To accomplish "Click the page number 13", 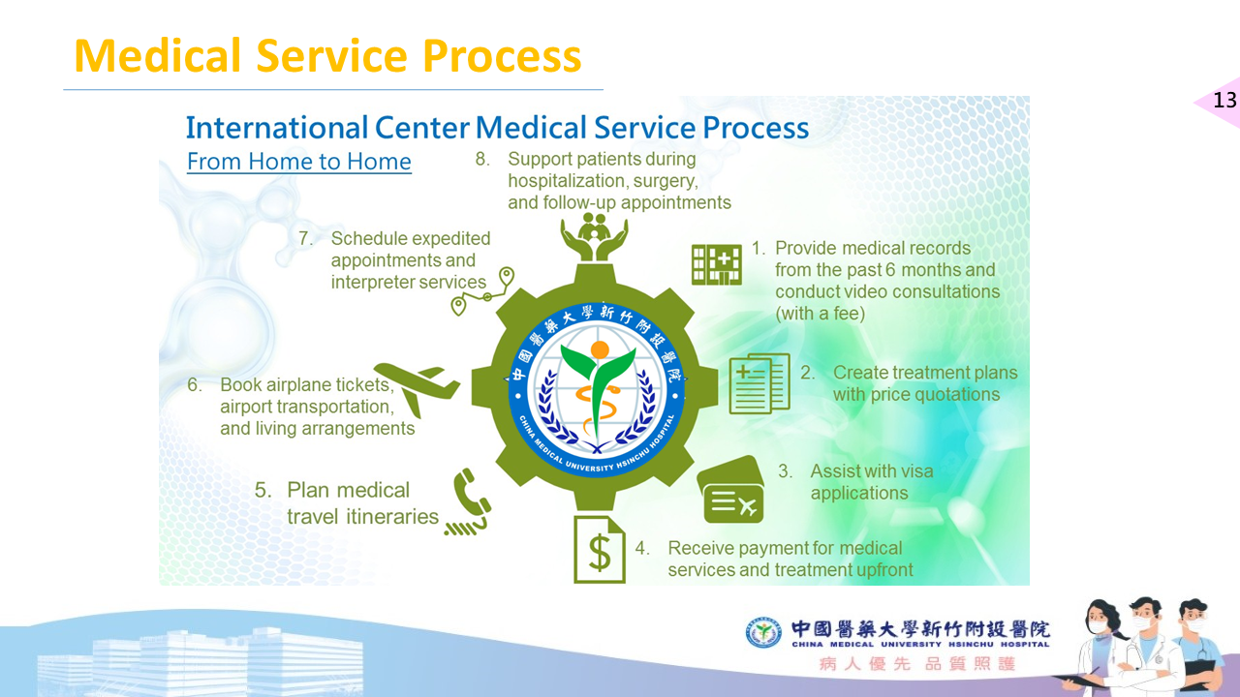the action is (x=1224, y=100).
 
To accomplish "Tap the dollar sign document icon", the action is (x=600, y=549).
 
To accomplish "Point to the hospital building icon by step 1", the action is (x=716, y=264).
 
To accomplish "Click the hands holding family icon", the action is (x=594, y=237).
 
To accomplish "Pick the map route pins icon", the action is (x=482, y=291).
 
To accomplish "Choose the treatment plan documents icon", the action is (x=759, y=383).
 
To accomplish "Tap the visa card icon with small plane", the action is (x=731, y=490).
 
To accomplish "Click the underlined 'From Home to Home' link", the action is (x=299, y=162).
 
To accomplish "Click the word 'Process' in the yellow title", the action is (x=502, y=56).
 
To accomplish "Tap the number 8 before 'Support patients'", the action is (x=481, y=159).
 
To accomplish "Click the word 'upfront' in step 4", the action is (x=881, y=570).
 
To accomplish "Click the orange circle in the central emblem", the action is (x=600, y=349).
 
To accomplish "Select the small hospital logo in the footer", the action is (x=763, y=632).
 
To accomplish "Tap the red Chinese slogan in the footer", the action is (x=917, y=664).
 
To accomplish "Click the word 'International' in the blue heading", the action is (x=277, y=128).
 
